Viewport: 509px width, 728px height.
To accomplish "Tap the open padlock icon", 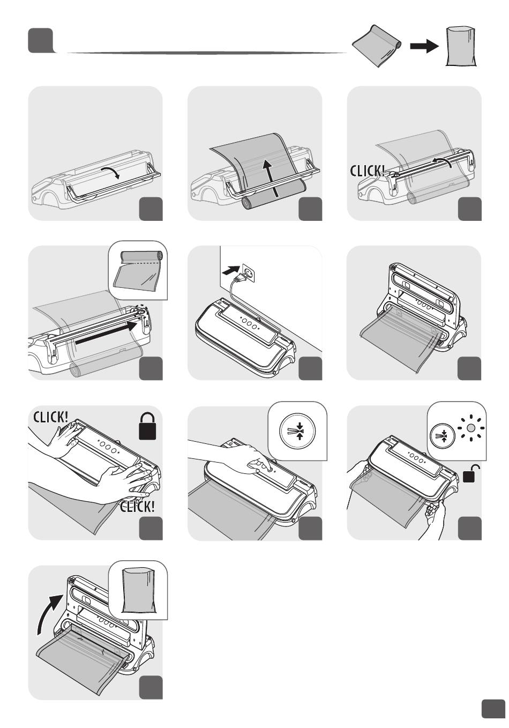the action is [x=471, y=473].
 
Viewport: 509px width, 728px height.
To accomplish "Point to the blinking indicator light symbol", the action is [x=470, y=428].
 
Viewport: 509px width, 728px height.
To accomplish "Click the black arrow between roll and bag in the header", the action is [x=424, y=46].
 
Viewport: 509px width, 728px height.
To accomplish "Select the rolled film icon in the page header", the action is [x=377, y=46].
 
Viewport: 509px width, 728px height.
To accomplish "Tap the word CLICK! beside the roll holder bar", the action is [x=367, y=170].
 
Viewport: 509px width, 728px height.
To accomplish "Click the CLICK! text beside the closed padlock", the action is [x=51, y=417].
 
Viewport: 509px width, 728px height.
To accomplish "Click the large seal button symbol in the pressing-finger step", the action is [x=297, y=431].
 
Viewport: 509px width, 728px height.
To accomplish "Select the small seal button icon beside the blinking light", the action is [x=441, y=435].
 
